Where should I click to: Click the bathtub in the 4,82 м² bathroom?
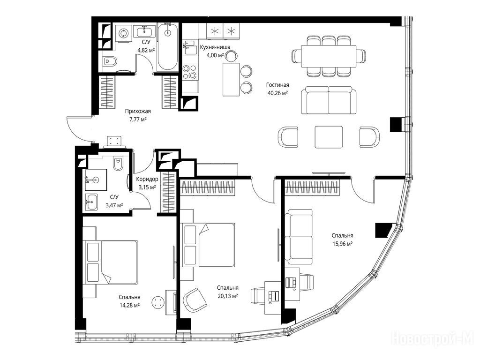167,47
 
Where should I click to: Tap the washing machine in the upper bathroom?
124,33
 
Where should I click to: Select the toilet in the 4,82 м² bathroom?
110,62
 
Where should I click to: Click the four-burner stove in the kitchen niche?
189,72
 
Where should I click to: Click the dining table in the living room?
329,56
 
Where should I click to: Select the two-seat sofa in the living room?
329,100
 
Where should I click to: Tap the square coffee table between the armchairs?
329,137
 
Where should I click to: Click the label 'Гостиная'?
277,85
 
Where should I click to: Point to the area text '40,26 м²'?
277,93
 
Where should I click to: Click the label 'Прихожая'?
138,112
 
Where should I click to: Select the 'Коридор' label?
147,179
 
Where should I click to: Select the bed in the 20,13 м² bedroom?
208,245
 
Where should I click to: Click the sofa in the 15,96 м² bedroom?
299,237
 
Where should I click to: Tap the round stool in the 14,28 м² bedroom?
158,303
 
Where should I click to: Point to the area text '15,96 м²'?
342,244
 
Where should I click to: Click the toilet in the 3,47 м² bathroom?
118,164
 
